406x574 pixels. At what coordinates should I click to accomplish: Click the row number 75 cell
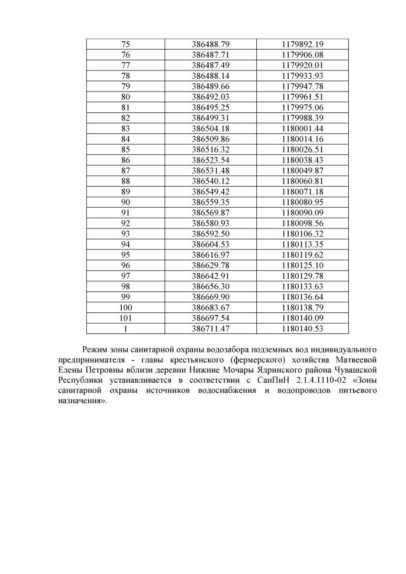(125, 44)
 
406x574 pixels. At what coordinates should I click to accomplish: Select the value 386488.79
(210, 44)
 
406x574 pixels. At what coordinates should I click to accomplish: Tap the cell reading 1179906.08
(303, 55)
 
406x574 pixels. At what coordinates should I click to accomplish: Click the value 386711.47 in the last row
(210, 329)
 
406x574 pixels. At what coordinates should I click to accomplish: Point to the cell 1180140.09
(303, 319)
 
